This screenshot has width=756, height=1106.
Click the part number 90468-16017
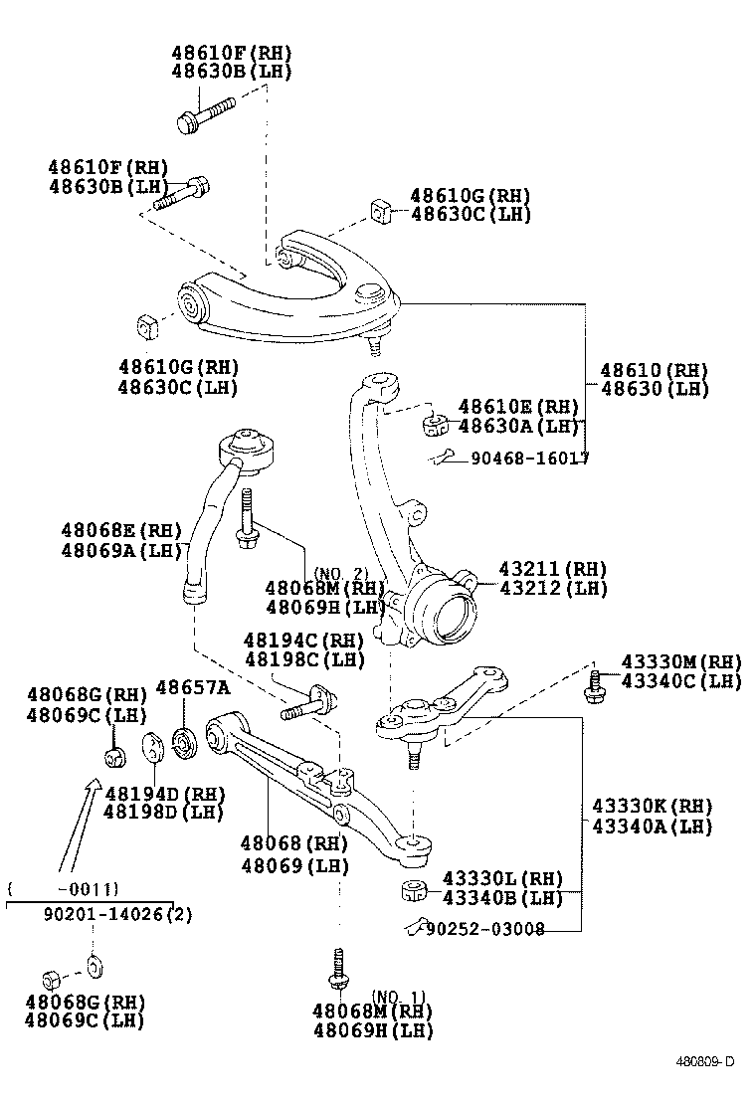pyautogui.click(x=529, y=459)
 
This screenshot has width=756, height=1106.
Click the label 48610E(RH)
pyautogui.click(x=518, y=406)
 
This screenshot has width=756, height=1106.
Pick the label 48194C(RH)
pyautogui.click(x=304, y=641)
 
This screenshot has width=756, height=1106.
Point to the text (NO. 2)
pyautogui.click(x=341, y=573)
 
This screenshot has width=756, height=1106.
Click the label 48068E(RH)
pyautogui.click(x=120, y=530)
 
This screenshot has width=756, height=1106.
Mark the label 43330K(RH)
pyautogui.click(x=653, y=806)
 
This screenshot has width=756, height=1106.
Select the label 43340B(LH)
pyautogui.click(x=502, y=899)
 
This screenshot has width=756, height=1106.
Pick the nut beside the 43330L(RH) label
pyautogui.click(x=415, y=889)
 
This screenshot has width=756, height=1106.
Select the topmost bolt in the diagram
pyautogui.click(x=204, y=113)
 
